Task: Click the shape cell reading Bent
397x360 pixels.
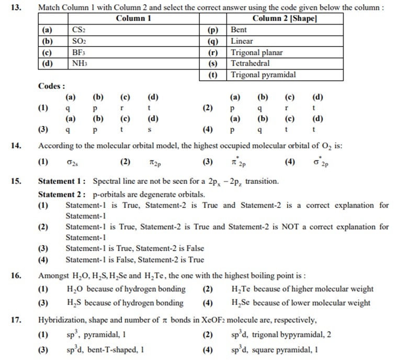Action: [x=239, y=30]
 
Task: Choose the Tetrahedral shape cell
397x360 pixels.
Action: [x=250, y=63]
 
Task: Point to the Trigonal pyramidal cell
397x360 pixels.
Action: [x=263, y=75]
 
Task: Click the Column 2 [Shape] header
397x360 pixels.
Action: [x=285, y=19]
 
